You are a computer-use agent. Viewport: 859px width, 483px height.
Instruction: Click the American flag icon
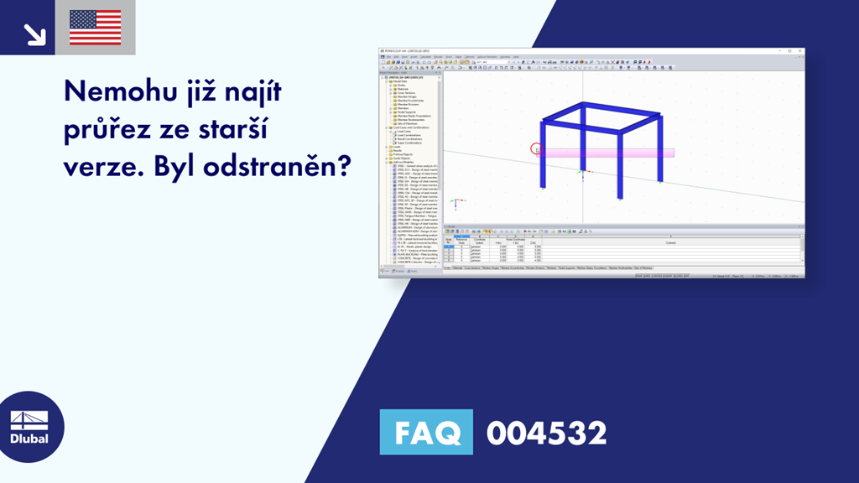click(95, 28)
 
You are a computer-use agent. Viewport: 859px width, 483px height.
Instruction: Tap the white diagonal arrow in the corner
click(34, 33)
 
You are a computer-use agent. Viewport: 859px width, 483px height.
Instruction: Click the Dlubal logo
click(31, 427)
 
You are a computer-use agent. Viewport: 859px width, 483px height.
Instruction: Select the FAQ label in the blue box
click(426, 433)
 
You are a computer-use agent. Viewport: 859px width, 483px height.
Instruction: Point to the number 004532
click(546, 434)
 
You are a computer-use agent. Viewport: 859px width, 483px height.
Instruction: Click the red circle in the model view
click(537, 149)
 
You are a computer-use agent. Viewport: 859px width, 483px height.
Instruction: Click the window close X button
click(801, 52)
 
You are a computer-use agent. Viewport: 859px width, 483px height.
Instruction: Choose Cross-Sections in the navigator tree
click(405, 93)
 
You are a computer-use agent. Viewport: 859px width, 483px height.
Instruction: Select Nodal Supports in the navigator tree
click(407, 112)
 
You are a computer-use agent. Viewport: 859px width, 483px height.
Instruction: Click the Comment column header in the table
click(669, 243)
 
